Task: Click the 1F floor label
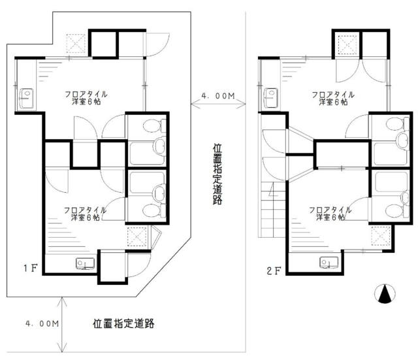point(31,268)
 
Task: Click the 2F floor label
point(274,271)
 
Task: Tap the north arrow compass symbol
point(385,293)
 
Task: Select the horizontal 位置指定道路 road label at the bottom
point(123,323)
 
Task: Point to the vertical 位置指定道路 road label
point(217,174)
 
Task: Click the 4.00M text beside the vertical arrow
point(42,323)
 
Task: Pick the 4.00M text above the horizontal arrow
point(218,95)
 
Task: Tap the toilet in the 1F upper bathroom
point(154,125)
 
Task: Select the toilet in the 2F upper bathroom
point(397,124)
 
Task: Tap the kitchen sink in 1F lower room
point(86,263)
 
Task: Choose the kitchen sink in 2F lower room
point(329,263)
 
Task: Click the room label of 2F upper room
point(333,98)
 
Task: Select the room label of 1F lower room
point(86,214)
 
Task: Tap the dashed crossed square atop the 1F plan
point(76,44)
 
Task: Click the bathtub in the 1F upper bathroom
point(148,154)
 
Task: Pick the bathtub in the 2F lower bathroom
point(391,182)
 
